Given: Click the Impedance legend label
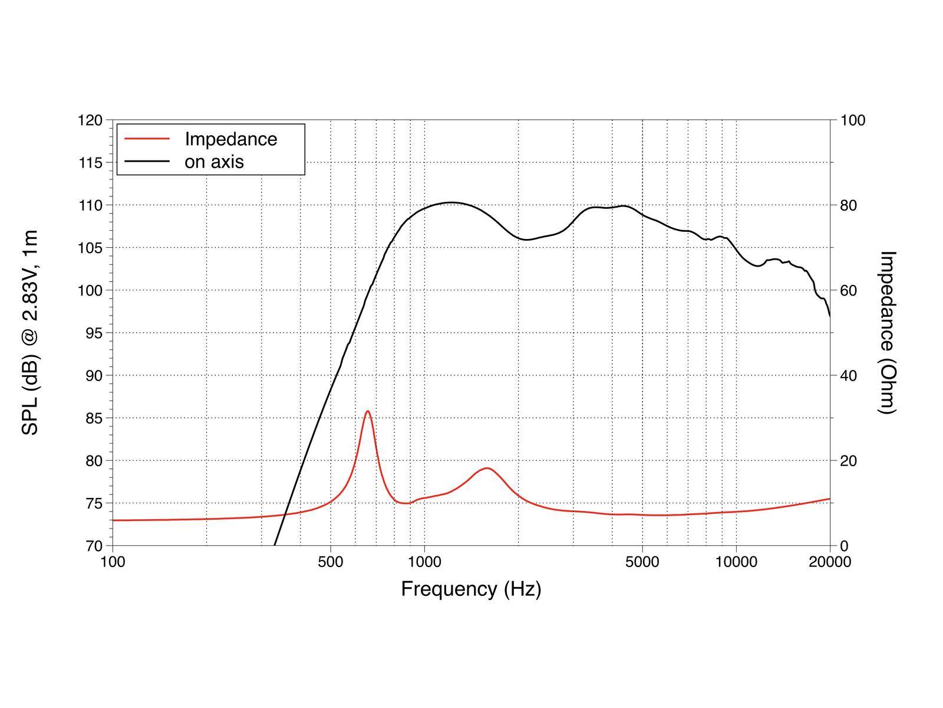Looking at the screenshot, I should click(230, 139).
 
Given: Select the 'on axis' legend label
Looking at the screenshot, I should click(214, 162).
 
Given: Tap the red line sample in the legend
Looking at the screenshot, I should click(147, 139).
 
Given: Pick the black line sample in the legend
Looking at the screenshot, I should click(147, 162).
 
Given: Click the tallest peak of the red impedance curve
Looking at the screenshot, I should click(367, 411).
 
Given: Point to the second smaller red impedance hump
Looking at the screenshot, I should click(487, 468).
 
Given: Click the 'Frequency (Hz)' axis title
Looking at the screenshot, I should click(471, 589).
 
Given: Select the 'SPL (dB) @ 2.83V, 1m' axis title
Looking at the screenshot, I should click(29, 333).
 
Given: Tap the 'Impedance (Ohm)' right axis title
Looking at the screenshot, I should click(887, 333).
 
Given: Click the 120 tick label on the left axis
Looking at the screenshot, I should click(90, 120).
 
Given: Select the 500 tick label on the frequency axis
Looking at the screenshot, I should click(330, 562).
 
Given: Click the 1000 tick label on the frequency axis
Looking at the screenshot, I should click(424, 562).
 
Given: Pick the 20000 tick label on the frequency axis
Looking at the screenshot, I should click(829, 562).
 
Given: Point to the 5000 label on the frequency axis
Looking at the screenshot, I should click(642, 562).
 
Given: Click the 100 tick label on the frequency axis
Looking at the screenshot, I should click(113, 562).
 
